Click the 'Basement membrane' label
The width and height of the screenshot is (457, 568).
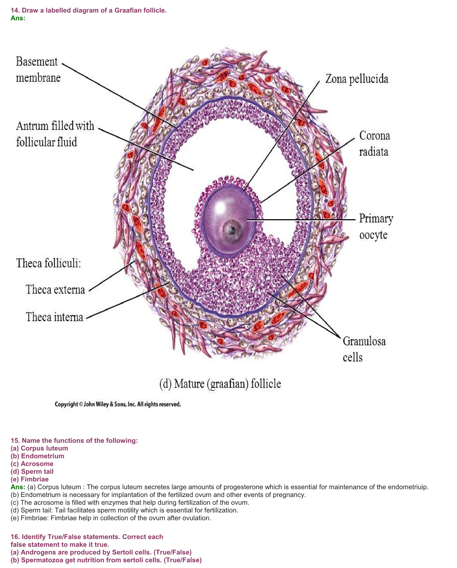tap(38, 70)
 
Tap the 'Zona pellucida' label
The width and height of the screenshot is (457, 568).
tap(357, 79)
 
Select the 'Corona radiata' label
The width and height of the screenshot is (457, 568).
tap(374, 144)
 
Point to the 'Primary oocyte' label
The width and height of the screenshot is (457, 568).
tap(376, 226)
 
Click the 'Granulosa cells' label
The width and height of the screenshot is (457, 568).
tap(364, 349)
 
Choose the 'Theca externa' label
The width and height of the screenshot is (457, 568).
tap(55, 290)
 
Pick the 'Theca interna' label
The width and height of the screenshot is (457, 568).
tap(54, 317)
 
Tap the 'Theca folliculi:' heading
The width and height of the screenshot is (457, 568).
tap(48, 263)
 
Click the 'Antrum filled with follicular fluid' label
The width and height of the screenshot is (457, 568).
tap(55, 134)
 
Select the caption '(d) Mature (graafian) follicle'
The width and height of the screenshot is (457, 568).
tap(220, 384)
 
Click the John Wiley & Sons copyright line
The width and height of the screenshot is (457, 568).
tap(118, 404)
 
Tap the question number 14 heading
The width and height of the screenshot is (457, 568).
tap(88, 10)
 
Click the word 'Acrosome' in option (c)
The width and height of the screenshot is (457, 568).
tap(37, 464)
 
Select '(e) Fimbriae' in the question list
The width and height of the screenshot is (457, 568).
tap(30, 479)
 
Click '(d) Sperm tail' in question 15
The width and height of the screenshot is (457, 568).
tap(32, 471)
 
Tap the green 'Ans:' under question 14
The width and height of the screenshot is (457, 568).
tap(18, 18)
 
